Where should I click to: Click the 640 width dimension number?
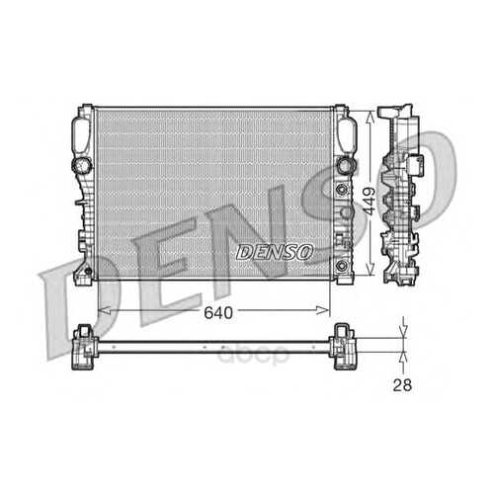(218, 312)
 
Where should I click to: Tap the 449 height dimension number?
(370, 202)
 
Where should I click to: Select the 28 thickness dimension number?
(402, 385)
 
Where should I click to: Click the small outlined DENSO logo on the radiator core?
(275, 252)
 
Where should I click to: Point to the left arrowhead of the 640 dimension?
(105, 310)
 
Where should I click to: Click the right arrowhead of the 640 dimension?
(323, 310)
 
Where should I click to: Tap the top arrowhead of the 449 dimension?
(370, 117)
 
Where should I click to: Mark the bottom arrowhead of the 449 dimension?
(370, 269)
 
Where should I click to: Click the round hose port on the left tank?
(82, 165)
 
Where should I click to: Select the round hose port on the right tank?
(346, 165)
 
